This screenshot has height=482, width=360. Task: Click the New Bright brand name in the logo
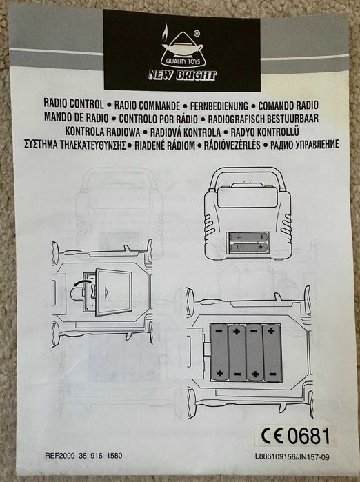(x=182, y=75)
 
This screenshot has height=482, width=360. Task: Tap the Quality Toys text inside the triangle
(x=183, y=61)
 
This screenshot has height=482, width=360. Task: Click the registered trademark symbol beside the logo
(x=197, y=33)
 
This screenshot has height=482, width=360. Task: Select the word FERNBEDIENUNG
(x=219, y=106)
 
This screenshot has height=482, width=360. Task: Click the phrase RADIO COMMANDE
(x=147, y=106)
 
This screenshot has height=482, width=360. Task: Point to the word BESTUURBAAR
(x=290, y=119)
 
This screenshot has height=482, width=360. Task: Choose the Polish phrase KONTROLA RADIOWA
(x=102, y=132)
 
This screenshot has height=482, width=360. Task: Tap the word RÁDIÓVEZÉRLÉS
(x=232, y=145)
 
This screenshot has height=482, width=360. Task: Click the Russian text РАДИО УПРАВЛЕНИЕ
(x=304, y=145)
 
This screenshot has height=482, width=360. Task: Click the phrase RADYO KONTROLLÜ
(x=265, y=132)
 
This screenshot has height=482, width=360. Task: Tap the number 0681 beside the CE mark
(x=308, y=436)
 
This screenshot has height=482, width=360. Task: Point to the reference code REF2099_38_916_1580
(x=83, y=456)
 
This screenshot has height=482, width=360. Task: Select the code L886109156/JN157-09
(x=292, y=457)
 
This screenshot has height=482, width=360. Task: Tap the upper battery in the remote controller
(x=248, y=237)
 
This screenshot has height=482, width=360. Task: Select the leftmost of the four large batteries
(x=219, y=352)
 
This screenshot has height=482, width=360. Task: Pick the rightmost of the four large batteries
(x=272, y=352)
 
